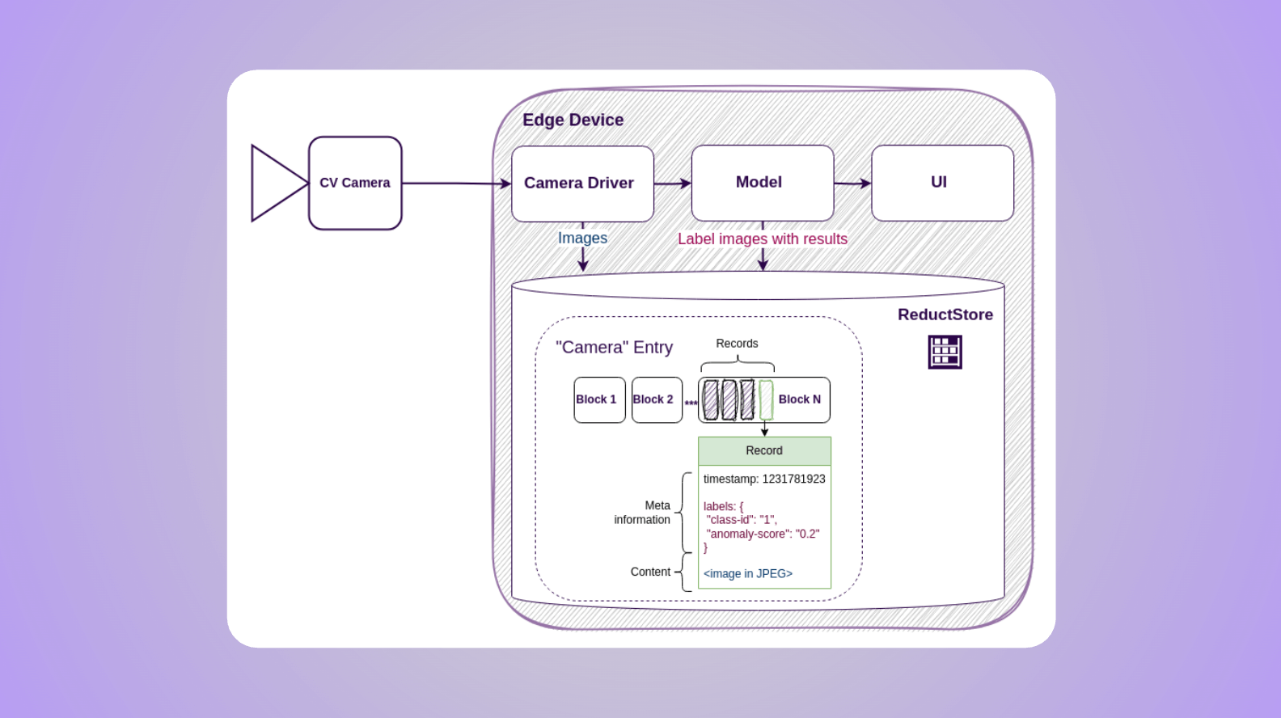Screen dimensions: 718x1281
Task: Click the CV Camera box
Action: pyautogui.click(x=355, y=183)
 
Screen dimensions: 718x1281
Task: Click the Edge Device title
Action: pyautogui.click(x=573, y=120)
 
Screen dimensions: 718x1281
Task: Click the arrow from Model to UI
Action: pyautogui.click(x=852, y=184)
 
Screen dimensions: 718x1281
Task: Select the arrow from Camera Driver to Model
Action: pyautogui.click(x=672, y=184)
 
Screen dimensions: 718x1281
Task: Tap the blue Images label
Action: pyautogui.click(x=582, y=238)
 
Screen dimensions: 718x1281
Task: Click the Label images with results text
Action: pyautogui.click(x=763, y=239)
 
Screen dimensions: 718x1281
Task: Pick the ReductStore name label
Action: pyautogui.click(x=945, y=315)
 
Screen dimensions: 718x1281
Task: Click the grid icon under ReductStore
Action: pyautogui.click(x=945, y=352)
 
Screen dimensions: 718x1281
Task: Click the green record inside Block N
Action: pyautogui.click(x=766, y=400)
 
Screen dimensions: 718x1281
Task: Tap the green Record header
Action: pyautogui.click(x=764, y=451)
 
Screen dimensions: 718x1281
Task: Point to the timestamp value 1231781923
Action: pyautogui.click(x=793, y=479)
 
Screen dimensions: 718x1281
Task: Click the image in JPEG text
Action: pyautogui.click(x=747, y=573)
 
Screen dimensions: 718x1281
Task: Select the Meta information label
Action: pyautogui.click(x=643, y=513)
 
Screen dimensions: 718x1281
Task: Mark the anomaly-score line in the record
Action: pyautogui.click(x=763, y=534)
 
